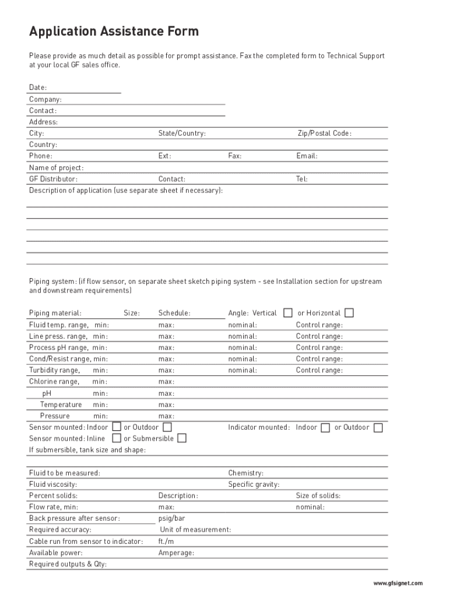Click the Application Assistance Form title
[114, 31]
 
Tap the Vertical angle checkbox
[287, 313]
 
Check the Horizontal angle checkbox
[349, 313]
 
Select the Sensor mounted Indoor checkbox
[117, 427]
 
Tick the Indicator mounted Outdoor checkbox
[378, 427]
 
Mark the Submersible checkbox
[182, 438]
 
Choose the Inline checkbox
[117, 438]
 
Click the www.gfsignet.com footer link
[398, 583]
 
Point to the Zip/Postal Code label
[324, 134]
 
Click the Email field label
[307, 156]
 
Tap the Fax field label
[235, 156]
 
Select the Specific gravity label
[254, 484]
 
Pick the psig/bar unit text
[171, 518]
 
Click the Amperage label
[176, 553]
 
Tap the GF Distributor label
[53, 179]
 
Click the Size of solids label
[318, 496]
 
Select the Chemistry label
[245, 473]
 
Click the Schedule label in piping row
[174, 313]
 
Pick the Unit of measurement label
[195, 530]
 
